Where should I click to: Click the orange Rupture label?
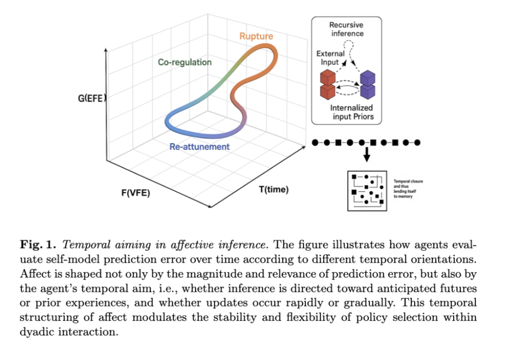tap(256, 36)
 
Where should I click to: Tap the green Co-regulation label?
tap(184, 63)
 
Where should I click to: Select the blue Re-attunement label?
tap(199, 147)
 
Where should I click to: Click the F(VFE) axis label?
tap(135, 193)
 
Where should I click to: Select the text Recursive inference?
tap(347, 29)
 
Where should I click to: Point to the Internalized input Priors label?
tap(351, 112)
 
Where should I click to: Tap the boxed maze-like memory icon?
tap(367, 190)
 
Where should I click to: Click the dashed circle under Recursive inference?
tap(352, 45)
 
